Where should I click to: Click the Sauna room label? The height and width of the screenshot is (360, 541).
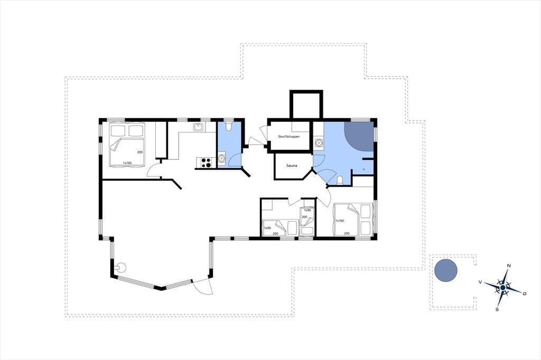click(292, 166)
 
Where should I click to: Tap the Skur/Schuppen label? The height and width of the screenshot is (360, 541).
click(289, 137)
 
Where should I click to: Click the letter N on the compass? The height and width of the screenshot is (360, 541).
click(509, 266)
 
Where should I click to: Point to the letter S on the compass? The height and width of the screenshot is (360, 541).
click(497, 309)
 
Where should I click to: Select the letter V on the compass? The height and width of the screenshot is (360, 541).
click(480, 282)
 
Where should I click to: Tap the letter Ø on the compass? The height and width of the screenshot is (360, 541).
click(525, 293)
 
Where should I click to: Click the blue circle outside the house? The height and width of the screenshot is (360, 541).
click(446, 270)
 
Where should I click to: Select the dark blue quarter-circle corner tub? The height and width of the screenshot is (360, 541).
click(359, 136)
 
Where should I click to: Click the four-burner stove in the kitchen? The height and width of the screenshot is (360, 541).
click(207, 163)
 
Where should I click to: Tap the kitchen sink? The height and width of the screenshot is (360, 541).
click(198, 127)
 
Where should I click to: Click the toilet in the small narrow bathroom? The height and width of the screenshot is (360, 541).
click(228, 126)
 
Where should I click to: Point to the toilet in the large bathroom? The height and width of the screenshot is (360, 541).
click(340, 181)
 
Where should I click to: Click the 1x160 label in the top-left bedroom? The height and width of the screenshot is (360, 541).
click(127, 163)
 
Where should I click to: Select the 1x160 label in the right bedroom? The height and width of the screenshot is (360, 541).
click(340, 221)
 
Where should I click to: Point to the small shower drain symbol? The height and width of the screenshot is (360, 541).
click(363, 169)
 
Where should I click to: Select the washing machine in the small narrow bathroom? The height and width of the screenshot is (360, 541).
click(221, 159)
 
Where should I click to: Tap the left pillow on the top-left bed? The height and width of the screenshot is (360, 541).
click(118, 131)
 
